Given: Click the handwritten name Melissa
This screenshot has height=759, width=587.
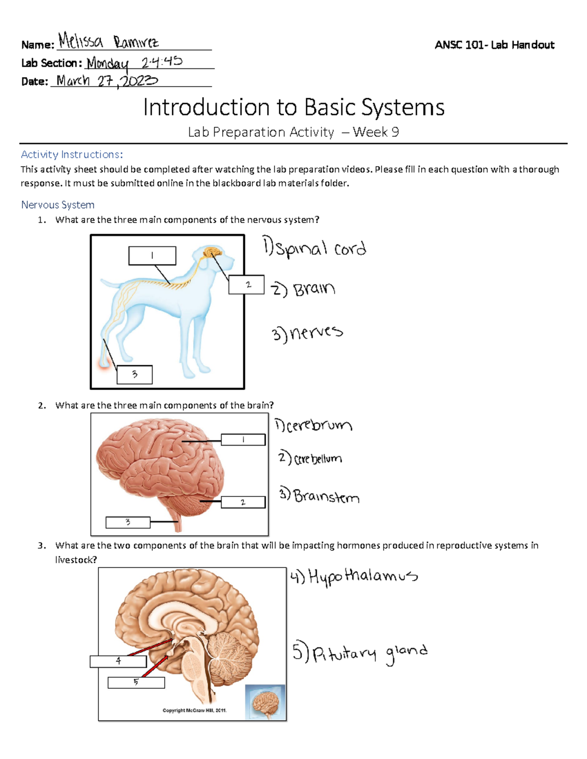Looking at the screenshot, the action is (x=81, y=41).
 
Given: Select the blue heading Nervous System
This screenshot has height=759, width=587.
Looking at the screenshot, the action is (x=58, y=205).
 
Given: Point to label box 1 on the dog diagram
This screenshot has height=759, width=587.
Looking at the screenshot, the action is (x=152, y=256).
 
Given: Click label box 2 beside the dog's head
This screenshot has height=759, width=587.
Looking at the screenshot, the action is (x=247, y=285).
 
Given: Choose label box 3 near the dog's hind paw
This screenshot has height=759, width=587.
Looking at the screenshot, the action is (x=135, y=375).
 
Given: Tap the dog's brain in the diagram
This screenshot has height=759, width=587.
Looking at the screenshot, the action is (x=213, y=252).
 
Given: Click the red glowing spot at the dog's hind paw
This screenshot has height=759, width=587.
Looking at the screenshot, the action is (x=104, y=364).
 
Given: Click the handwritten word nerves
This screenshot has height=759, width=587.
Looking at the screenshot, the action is (x=316, y=333).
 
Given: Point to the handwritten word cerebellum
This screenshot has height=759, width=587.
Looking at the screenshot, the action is (x=317, y=459).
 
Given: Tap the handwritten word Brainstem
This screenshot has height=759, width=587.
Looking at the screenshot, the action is (x=326, y=497).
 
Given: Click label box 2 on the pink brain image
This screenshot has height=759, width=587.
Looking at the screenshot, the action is (x=243, y=502).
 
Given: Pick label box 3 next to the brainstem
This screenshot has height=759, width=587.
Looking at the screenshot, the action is (x=128, y=522).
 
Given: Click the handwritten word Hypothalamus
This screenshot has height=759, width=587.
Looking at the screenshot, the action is (x=362, y=577).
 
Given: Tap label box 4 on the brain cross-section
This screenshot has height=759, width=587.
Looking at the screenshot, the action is (x=118, y=661).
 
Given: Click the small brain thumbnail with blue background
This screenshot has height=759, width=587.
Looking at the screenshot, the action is (x=265, y=702).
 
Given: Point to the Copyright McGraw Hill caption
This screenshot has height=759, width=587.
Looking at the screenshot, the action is (x=195, y=710).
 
